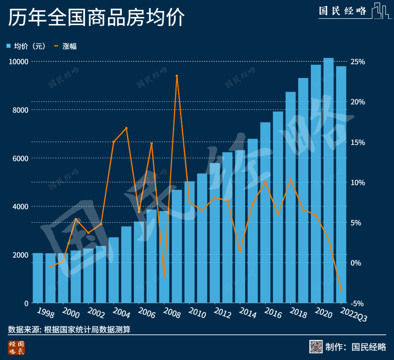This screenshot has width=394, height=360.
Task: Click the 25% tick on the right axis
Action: [358, 62]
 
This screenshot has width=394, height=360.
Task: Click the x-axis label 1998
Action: [46, 313]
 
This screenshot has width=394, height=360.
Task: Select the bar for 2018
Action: [291, 197]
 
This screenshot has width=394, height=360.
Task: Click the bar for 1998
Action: [38, 278]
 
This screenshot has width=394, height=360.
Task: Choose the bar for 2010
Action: [190, 242]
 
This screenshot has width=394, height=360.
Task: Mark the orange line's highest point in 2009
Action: [177, 76]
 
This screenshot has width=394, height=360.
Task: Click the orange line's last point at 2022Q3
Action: [341, 290]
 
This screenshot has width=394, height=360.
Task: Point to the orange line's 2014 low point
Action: [240, 251]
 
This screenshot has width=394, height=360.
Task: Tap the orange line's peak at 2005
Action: [126, 128]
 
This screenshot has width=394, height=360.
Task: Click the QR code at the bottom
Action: [316, 347]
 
